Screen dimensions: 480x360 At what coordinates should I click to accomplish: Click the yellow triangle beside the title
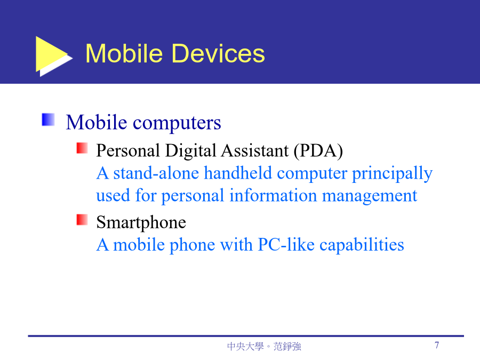pyautogui.click(x=51, y=54)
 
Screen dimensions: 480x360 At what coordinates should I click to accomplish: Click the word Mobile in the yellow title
pyautogui.click(x=124, y=53)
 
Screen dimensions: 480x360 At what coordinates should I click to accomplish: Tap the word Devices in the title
pyautogui.click(x=218, y=53)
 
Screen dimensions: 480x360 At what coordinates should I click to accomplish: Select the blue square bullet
pyautogui.click(x=48, y=119)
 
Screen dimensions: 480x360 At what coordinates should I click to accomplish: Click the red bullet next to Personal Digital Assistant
pyautogui.click(x=82, y=148)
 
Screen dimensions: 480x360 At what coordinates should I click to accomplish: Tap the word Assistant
pyautogui.click(x=255, y=150)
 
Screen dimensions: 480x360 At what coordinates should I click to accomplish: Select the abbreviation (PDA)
pyautogui.click(x=318, y=151)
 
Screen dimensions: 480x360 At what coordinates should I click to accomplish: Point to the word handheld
pyautogui.click(x=238, y=173)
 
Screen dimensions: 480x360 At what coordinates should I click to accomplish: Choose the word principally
pyautogui.click(x=392, y=174)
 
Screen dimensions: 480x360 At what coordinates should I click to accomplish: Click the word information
pyautogui.click(x=273, y=195)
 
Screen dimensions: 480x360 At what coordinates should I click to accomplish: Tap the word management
pyautogui.click(x=370, y=196)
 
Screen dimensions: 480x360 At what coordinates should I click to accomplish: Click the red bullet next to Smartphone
pyautogui.click(x=82, y=220)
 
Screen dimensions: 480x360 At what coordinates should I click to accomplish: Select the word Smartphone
pyautogui.click(x=141, y=222)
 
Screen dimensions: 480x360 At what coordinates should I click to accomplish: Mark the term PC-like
pyautogui.click(x=286, y=245)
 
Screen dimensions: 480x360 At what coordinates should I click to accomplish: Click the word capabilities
pyautogui.click(x=362, y=245)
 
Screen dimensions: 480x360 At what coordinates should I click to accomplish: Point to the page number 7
pyautogui.click(x=437, y=345)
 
